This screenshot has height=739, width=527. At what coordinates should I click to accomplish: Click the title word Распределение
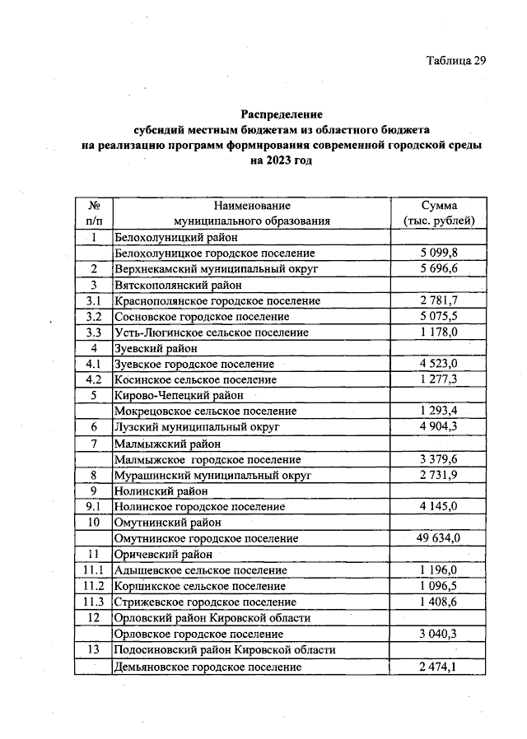281,114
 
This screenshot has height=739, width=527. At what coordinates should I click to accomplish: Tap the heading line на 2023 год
281,160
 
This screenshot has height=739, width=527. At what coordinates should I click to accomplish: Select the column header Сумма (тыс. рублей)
440,212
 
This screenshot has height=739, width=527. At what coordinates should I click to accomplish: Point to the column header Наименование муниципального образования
251,212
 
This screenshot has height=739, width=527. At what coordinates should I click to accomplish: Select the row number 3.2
94,316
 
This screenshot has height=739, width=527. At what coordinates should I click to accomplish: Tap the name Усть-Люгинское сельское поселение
212,332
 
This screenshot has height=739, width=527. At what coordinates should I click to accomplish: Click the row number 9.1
94,507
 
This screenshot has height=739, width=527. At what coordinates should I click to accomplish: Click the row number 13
94,650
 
